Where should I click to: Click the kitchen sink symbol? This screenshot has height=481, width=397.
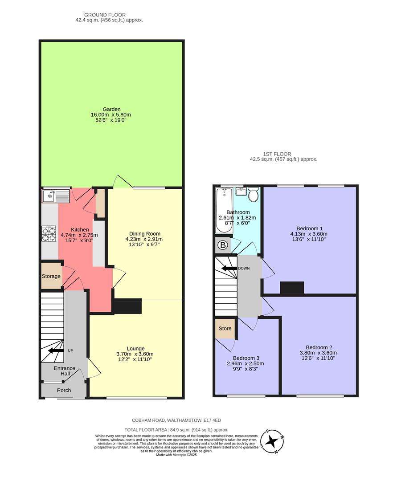(x=56, y=195)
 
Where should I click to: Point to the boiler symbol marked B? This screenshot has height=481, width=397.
(x=222, y=245)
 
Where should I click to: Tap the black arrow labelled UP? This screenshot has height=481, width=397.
(x=56, y=351)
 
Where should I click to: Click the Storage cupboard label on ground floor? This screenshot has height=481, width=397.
(x=51, y=276)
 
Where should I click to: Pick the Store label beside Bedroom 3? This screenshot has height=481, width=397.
(x=225, y=329)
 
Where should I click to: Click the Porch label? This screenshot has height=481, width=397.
(x=64, y=390)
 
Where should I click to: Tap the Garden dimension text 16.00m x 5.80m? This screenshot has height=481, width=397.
(x=111, y=114)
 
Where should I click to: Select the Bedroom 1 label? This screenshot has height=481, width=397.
(x=309, y=228)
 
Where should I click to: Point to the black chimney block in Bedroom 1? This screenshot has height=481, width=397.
(x=292, y=288)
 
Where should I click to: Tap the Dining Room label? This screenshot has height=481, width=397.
(x=144, y=233)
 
